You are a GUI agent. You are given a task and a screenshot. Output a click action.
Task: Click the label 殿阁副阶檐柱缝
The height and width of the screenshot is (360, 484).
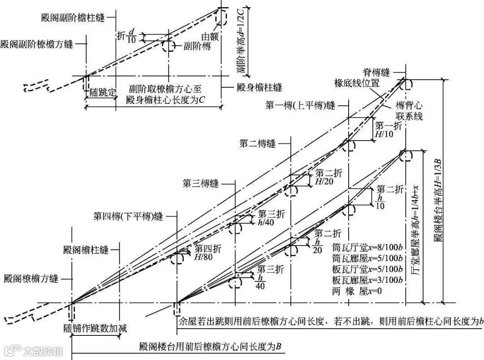(72, 18)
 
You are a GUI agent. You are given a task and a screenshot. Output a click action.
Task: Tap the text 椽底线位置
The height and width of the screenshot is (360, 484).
(357, 83)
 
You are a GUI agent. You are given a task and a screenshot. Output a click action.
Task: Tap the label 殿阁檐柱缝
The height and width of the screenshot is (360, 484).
(86, 250)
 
